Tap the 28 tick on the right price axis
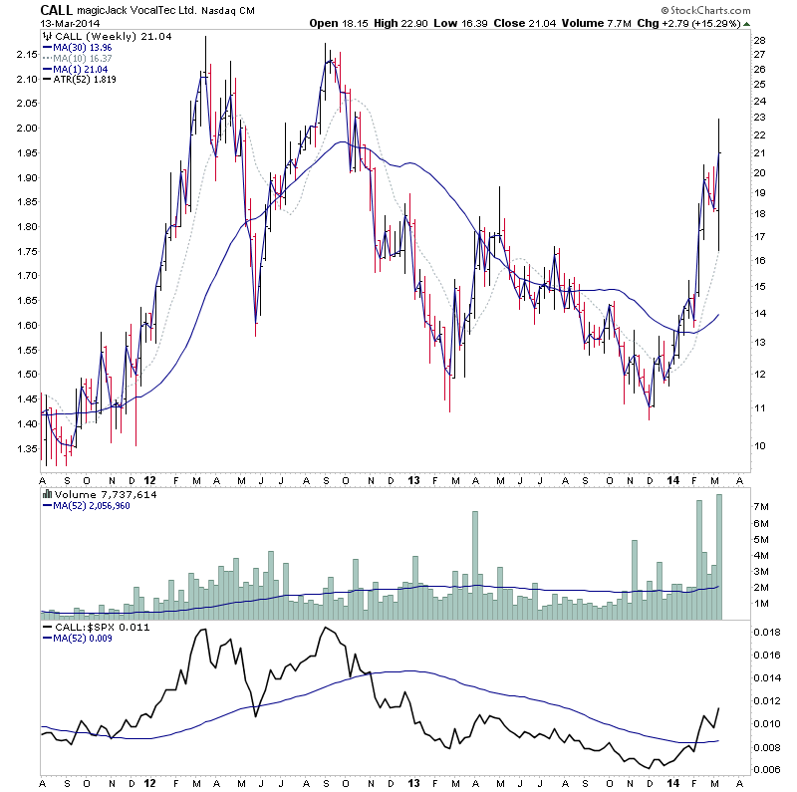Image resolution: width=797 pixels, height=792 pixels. coord(759,41)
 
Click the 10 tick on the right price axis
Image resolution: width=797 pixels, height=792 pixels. coord(759,445)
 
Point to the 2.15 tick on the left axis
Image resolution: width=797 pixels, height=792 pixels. coord(26,53)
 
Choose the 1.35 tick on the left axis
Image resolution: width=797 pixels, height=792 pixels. coord(26,448)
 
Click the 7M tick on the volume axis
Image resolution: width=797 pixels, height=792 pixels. coord(761,508)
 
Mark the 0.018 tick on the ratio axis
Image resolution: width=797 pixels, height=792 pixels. coord(767,633)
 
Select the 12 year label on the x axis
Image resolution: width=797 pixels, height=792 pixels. coord(149,480)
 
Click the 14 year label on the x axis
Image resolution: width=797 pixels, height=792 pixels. coord(674,480)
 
